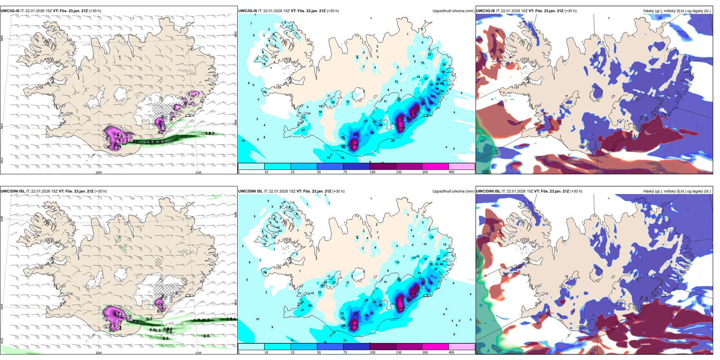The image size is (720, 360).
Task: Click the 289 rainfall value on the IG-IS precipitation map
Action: [x=355, y=145]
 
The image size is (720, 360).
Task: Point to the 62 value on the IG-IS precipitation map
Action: [x=443, y=72]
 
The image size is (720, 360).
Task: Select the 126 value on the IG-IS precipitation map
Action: [x=431, y=102]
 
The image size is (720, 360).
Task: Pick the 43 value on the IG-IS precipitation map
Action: [x=366, y=121]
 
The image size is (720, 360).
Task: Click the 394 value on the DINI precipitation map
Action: [x=401, y=308]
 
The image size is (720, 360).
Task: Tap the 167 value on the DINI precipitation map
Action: [x=355, y=313]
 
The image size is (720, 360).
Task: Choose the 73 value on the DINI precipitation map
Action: [x=372, y=313]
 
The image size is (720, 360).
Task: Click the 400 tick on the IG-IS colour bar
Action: [x=451, y=172]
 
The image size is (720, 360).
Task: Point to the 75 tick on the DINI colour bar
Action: [x=345, y=352]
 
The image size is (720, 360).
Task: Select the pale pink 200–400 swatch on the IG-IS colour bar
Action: [x=462, y=166]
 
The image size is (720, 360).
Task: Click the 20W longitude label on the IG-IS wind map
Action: [x=99, y=172]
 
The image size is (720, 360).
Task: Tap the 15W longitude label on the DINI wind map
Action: [x=198, y=353]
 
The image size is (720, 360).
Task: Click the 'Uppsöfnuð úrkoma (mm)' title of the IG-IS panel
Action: [x=453, y=11]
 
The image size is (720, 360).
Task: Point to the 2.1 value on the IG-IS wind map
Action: [x=184, y=136]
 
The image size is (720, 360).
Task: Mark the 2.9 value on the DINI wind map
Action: [x=136, y=322]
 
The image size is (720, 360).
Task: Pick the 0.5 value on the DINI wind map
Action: [x=158, y=330]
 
